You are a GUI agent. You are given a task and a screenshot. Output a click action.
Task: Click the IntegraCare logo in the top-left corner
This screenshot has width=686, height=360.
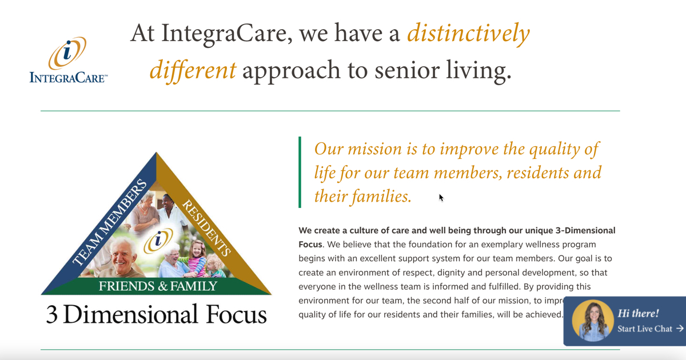click(x=68, y=60)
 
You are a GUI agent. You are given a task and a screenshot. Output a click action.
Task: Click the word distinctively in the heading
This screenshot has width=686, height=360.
click(x=468, y=34)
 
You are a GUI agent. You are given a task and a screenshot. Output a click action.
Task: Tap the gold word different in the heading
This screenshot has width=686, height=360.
click(x=193, y=70)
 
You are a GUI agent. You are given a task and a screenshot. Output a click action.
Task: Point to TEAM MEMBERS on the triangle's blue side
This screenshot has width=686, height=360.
click(x=109, y=223)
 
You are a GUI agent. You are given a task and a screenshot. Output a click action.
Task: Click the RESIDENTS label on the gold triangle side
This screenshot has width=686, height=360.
click(x=206, y=227)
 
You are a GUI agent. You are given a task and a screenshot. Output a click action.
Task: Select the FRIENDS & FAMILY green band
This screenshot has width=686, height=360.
click(x=158, y=286)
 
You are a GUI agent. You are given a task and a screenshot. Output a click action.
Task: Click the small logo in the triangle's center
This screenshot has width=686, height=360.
click(x=158, y=241)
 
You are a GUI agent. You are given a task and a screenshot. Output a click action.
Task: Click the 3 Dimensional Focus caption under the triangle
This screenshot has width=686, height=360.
click(x=156, y=315)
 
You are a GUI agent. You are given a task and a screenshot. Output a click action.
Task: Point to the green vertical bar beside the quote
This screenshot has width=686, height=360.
click(x=300, y=172)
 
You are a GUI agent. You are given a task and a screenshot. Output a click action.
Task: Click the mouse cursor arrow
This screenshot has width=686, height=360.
click(x=441, y=198)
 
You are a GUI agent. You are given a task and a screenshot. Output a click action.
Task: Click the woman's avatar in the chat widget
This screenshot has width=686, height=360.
click(x=592, y=321)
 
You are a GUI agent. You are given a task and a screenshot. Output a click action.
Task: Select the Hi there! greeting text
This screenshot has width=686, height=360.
click(x=638, y=313)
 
